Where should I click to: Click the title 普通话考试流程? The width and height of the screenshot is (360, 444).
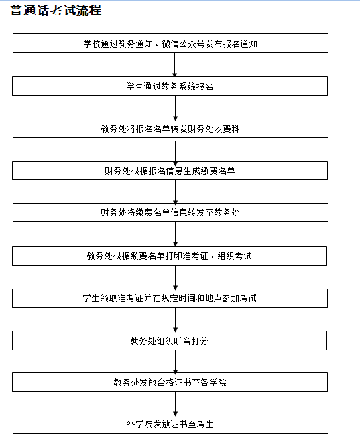(x=56, y=11)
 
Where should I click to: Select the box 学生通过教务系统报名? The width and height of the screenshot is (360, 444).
(x=170, y=86)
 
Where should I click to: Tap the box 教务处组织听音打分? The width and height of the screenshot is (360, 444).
(x=170, y=341)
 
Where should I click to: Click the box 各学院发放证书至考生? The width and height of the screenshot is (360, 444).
(x=170, y=424)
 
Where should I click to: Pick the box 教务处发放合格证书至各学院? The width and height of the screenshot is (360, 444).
(x=170, y=382)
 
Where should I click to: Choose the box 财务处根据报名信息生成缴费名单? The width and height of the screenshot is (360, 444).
(x=170, y=171)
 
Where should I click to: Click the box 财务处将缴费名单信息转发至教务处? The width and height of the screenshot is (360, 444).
(x=170, y=212)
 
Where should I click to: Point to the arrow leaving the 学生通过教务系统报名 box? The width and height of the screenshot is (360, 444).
(x=175, y=107)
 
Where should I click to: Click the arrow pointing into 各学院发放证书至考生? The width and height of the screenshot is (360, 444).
(x=175, y=403)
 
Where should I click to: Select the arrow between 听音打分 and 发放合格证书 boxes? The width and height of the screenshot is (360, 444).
(x=175, y=362)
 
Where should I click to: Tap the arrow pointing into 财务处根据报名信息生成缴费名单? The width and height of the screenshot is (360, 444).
(x=175, y=153)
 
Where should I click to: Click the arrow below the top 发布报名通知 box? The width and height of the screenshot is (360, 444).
(x=174, y=64)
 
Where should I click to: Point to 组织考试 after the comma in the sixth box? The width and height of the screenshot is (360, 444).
(x=235, y=256)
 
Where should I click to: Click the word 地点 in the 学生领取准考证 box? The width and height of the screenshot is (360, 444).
(x=213, y=298)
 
